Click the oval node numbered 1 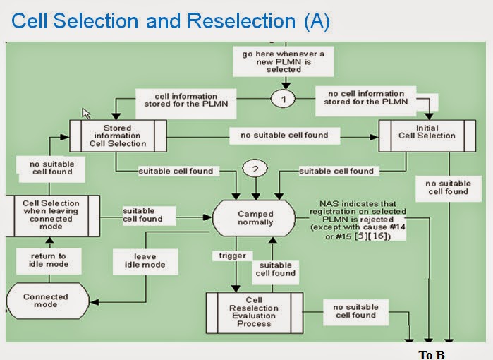(x=284, y=100)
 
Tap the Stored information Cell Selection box (x=117, y=136)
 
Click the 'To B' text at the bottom (x=432, y=354)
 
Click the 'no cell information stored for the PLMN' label (x=365, y=98)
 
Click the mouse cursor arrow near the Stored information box (x=87, y=113)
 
